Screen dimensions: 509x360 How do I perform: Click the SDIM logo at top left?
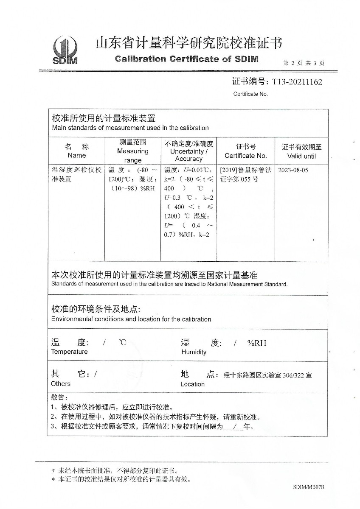(65, 50)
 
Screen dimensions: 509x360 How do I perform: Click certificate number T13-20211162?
(297, 82)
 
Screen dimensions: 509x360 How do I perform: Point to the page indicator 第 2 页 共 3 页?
(304, 63)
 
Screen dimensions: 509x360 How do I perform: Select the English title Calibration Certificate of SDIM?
(186, 59)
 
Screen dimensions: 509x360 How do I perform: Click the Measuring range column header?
(132, 151)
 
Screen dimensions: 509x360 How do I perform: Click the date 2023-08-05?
(293, 170)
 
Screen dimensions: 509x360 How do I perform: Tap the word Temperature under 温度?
(69, 352)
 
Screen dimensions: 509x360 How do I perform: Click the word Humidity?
(194, 352)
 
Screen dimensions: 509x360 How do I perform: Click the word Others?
(61, 384)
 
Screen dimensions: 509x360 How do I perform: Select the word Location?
(192, 384)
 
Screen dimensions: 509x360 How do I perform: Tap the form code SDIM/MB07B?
(308, 487)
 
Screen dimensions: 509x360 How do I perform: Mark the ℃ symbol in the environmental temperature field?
(122, 343)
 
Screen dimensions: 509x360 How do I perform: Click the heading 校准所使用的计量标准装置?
(103, 118)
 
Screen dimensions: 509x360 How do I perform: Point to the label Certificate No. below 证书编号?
(250, 94)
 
